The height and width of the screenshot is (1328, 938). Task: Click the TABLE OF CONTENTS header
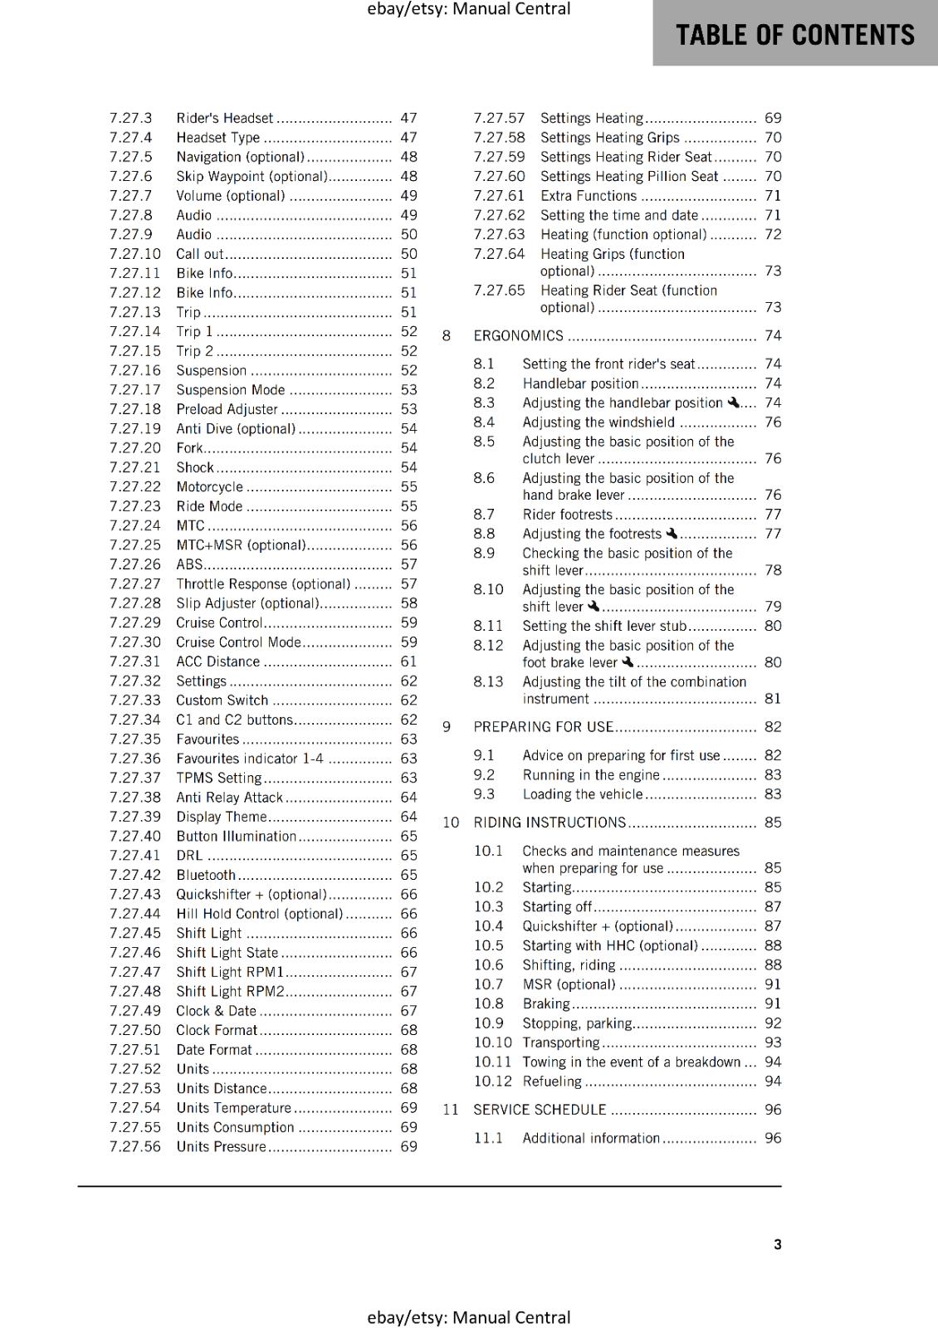[794, 35]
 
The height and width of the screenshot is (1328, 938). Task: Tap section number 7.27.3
[130, 118]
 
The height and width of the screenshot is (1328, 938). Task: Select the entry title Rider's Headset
[224, 118]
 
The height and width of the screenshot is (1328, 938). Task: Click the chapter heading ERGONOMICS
[518, 335]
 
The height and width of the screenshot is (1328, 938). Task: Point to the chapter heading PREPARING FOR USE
[543, 726]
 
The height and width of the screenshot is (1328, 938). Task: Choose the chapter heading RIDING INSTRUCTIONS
[550, 822]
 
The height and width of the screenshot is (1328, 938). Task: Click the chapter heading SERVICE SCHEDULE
[540, 1110]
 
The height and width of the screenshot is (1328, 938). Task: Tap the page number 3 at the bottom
[777, 1244]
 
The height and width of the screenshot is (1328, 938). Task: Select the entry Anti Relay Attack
[229, 797]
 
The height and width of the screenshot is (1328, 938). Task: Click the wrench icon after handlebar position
[733, 403]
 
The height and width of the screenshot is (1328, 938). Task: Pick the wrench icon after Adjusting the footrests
[672, 533]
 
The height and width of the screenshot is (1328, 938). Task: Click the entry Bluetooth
[206, 875]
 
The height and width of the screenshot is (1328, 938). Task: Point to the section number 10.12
[493, 1081]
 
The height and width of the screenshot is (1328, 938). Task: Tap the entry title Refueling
[552, 1081]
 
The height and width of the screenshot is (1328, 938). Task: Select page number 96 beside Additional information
[773, 1138]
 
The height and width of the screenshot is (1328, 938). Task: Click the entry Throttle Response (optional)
[263, 583]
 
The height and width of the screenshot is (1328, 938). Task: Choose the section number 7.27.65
[499, 290]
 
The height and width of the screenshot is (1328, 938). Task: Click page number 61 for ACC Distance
[408, 662]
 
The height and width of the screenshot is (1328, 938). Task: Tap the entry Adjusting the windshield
[598, 422]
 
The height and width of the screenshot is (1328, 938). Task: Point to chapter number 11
[451, 1110]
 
